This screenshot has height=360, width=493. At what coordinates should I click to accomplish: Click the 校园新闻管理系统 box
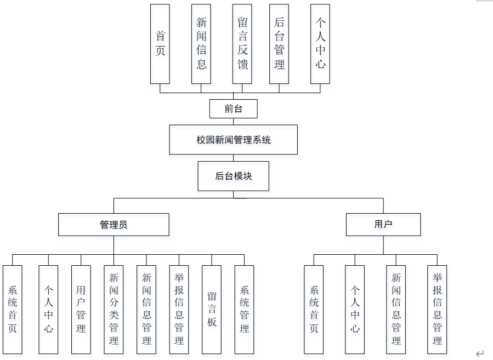[x=233, y=140]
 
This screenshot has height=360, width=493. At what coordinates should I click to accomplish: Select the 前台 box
[x=233, y=108]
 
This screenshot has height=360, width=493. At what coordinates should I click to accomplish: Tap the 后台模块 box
[x=233, y=176]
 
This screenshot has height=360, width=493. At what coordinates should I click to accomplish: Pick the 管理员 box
[x=114, y=224]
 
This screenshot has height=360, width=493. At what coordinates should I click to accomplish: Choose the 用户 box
[x=383, y=224]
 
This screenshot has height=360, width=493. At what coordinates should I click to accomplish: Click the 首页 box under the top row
[x=160, y=44]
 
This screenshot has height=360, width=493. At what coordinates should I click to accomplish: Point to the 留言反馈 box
[x=242, y=44]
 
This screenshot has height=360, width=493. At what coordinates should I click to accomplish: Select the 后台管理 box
[x=279, y=44]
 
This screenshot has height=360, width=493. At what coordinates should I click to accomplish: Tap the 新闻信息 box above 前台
[x=201, y=44]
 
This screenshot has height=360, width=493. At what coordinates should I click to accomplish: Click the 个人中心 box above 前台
[x=320, y=44]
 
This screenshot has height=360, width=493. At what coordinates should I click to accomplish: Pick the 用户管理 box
[x=81, y=310]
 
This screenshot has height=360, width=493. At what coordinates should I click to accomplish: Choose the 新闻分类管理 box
[x=114, y=310]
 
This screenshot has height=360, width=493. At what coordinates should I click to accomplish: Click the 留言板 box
[x=212, y=310]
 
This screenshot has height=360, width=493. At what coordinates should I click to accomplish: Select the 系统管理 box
[x=244, y=310]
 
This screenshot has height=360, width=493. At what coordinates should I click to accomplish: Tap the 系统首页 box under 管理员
[x=12, y=310]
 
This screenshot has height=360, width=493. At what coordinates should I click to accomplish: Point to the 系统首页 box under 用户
[x=314, y=310]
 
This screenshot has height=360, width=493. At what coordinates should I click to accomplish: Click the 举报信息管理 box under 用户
[x=437, y=310]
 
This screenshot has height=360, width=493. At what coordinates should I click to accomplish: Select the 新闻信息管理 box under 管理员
[x=146, y=310]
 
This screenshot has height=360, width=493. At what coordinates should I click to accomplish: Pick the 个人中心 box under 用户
[x=355, y=310]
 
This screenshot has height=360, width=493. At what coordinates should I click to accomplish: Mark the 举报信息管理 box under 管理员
[x=179, y=310]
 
